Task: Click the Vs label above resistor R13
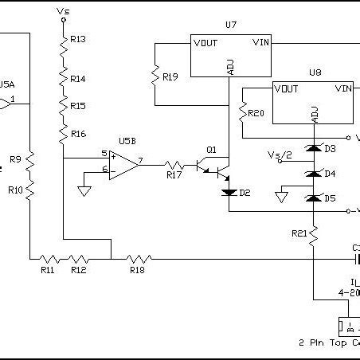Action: [64, 12]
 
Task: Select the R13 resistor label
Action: [78, 39]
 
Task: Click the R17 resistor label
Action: [174, 175]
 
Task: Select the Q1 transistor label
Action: [211, 149]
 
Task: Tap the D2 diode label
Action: [245, 193]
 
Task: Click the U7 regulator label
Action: [231, 25]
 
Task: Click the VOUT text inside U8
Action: [287, 88]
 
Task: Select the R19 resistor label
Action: [170, 77]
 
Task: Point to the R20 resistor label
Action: [256, 113]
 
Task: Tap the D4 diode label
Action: [330, 174]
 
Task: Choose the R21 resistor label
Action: [299, 233]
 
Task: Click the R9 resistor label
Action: [15, 159]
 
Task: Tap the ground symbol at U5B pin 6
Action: [84, 191]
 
